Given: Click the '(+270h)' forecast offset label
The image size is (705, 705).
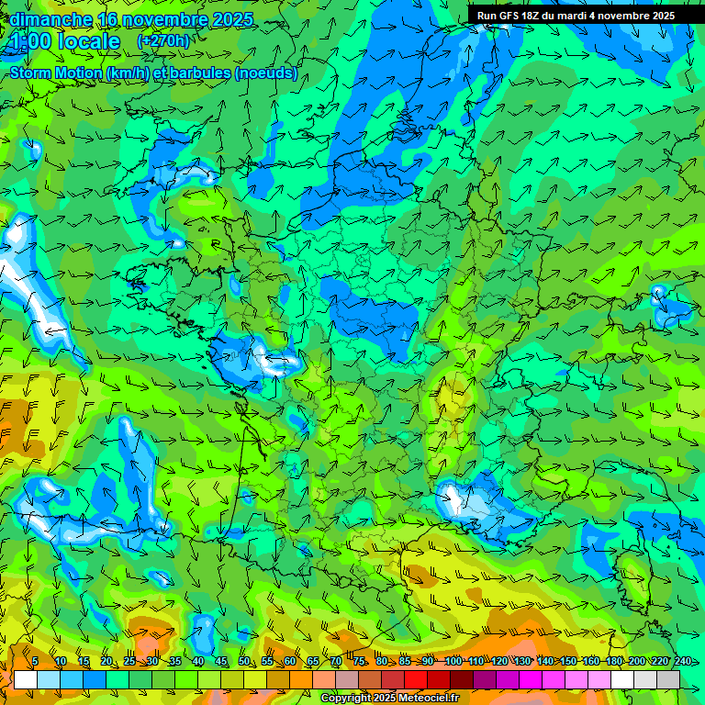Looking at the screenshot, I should pos(163,41).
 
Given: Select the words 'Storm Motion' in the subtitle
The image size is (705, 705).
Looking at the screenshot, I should pos(54,73).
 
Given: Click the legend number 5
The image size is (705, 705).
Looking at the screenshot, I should pos(35,661).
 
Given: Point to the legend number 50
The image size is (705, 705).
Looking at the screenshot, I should pos(243,661).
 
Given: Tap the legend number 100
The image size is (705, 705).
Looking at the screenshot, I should pos(453,661).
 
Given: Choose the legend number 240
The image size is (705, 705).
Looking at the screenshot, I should pos(682,661).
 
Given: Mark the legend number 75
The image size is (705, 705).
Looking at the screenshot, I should pos(358,661).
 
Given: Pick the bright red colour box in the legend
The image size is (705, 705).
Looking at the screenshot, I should pos(416,679).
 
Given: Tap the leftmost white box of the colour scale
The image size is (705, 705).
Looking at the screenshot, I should pos(26,679).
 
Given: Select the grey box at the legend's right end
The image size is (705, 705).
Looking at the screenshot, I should pos(668,679).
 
